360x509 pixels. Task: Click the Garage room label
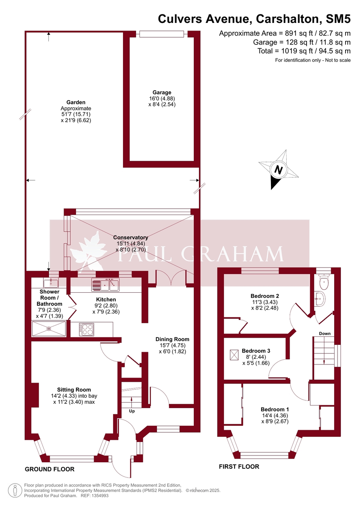(x=162, y=92)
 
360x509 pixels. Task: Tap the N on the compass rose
(x=279, y=170)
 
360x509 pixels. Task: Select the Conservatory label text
(x=131, y=238)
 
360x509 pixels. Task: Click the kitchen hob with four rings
(x=87, y=330)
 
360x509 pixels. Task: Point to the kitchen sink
(x=105, y=285)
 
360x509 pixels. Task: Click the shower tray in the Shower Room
(x=49, y=329)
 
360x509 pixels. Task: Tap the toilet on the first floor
(x=324, y=282)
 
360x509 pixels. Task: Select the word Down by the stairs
(x=324, y=333)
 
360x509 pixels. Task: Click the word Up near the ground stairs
(x=132, y=411)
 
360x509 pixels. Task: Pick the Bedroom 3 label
(x=256, y=351)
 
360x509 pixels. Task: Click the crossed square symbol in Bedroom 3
(x=234, y=355)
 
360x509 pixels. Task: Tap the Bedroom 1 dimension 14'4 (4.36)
(x=275, y=415)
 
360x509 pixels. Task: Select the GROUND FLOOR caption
(x=50, y=469)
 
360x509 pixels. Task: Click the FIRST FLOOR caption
(x=239, y=467)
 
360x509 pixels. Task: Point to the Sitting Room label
(x=74, y=390)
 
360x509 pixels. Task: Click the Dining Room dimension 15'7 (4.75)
(x=173, y=345)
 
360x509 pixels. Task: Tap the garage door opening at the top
(x=162, y=34)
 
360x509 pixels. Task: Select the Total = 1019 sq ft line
(x=304, y=51)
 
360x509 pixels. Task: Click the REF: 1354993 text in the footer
(x=95, y=495)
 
